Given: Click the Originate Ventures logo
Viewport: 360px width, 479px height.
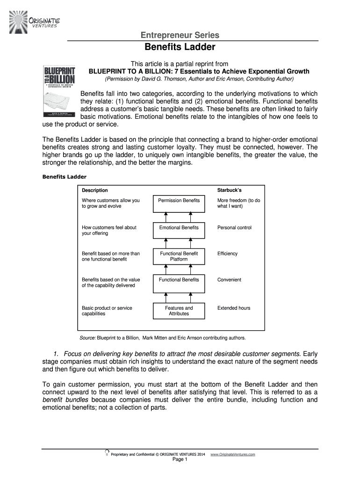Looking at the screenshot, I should click(34, 19).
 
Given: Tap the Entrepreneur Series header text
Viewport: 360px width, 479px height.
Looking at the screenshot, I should click(180, 36).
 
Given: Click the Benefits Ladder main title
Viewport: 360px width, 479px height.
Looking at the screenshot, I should click(180, 47).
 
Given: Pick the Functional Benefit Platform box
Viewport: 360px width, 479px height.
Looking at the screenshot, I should click(179, 256).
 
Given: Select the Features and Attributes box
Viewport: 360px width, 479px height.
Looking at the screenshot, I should click(179, 311).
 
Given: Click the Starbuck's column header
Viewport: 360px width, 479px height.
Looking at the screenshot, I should click(229, 190).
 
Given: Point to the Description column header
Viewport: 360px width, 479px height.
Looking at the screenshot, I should click(95, 190).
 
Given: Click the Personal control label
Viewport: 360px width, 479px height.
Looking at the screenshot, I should click(234, 228).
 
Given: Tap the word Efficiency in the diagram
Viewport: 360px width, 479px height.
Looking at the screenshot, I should click(227, 254).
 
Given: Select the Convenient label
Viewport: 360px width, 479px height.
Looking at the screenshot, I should click(229, 280).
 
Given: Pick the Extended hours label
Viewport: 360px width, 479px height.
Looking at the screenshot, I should click(234, 308).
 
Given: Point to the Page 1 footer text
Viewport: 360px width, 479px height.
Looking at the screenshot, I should click(180, 460).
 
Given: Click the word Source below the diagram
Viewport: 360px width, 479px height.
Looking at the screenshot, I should click(88, 338).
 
